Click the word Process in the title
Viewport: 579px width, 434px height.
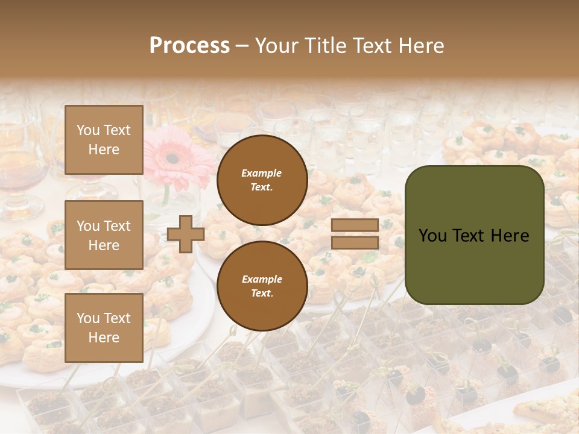pyautogui.click(x=189, y=46)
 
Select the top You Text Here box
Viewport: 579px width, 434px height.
pyautogui.click(x=104, y=140)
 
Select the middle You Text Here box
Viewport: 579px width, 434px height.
pyautogui.click(x=104, y=235)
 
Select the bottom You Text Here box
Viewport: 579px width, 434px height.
pyautogui.click(x=104, y=327)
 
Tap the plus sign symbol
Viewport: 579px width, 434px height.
pyautogui.click(x=185, y=234)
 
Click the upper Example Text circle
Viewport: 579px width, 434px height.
pyautogui.click(x=262, y=180)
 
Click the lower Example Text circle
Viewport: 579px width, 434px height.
pyautogui.click(x=262, y=286)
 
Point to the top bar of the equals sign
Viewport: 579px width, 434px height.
pyautogui.click(x=355, y=225)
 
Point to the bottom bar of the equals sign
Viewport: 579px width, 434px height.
pyautogui.click(x=355, y=242)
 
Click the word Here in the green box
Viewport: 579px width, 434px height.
pyautogui.click(x=510, y=236)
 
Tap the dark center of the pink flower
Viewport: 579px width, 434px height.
pyautogui.click(x=172, y=159)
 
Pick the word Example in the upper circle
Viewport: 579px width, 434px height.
pyautogui.click(x=262, y=173)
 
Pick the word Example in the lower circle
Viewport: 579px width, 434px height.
pyautogui.click(x=262, y=279)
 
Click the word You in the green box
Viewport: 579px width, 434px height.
pyautogui.click(x=432, y=236)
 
